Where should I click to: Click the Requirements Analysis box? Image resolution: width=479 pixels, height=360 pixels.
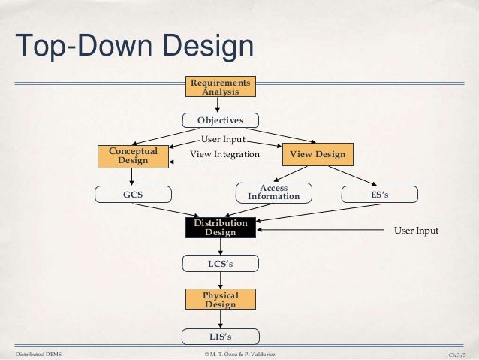click(x=220, y=86)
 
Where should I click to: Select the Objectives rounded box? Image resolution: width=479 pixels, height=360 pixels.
click(x=220, y=120)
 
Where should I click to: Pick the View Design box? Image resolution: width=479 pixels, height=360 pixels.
click(x=318, y=154)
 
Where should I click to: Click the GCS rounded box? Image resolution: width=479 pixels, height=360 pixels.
click(x=133, y=195)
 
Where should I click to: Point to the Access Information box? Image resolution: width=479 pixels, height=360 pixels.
click(x=273, y=193)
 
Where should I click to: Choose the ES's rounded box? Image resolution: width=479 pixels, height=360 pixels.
click(x=380, y=195)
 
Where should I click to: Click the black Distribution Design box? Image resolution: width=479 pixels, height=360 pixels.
click(x=220, y=228)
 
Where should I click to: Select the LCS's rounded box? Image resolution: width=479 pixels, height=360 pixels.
click(x=220, y=264)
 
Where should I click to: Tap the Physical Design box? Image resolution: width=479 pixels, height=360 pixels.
click(x=220, y=300)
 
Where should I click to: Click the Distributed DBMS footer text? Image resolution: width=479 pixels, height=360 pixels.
click(x=38, y=353)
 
